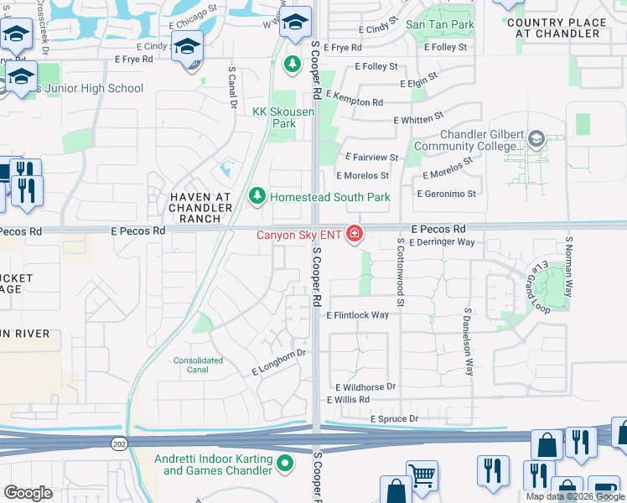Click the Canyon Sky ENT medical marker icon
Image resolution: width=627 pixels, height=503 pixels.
355,234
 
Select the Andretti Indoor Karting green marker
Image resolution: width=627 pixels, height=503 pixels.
286,462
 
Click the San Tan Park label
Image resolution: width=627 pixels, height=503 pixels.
440,24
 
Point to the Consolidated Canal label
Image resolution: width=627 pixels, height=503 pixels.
198,365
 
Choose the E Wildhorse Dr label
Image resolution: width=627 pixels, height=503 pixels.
365,387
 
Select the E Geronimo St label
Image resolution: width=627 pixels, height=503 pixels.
446,194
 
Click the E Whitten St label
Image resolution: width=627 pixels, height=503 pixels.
424,121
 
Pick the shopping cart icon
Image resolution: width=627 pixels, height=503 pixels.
422,476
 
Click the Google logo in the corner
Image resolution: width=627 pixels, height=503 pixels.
28,493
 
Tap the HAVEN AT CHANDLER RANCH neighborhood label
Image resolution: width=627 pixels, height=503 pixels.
199,207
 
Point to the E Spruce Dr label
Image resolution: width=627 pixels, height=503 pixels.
390,418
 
